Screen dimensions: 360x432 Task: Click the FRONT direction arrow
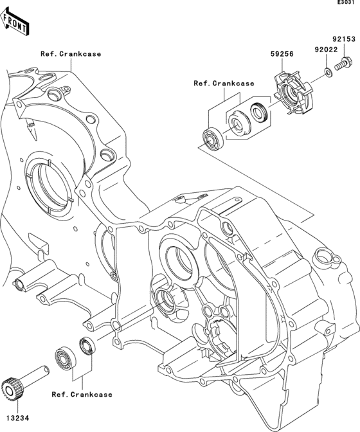[x=14, y=21]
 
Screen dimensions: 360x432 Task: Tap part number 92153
[x=343, y=39]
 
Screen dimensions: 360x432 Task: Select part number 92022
[x=326, y=50]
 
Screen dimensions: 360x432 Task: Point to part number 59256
[x=282, y=54]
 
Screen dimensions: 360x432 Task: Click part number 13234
[x=17, y=419]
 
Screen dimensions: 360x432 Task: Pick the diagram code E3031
[x=348, y=3]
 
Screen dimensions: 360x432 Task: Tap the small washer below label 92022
[x=328, y=73]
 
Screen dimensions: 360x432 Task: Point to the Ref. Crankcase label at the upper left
[x=71, y=54]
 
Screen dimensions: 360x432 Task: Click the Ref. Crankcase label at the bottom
[x=82, y=395]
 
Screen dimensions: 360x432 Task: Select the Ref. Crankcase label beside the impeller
[x=224, y=83]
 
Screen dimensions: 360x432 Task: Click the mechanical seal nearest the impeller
[x=259, y=112]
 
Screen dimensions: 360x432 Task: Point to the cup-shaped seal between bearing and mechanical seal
[x=239, y=123]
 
